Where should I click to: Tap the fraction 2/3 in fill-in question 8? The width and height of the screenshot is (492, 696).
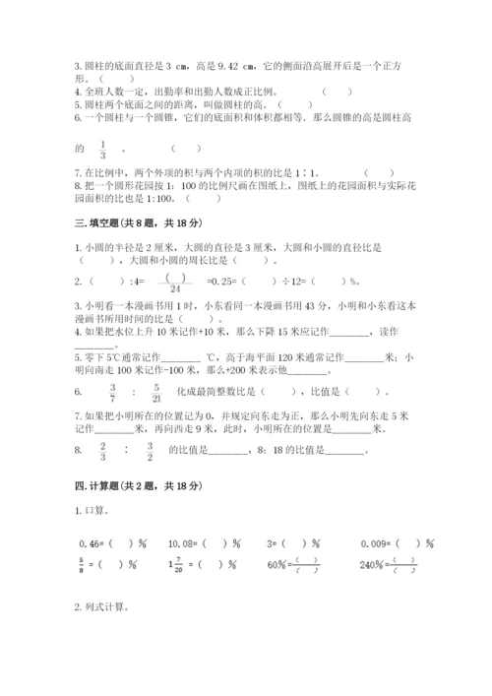pos(101,453)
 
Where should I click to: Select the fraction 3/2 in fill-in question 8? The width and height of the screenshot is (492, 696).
pos(149,453)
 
